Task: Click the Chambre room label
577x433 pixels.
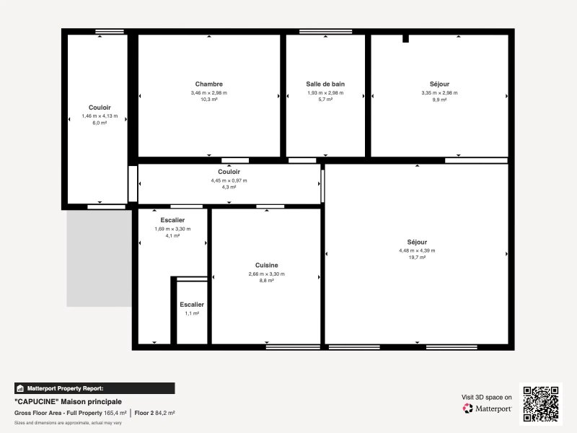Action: click(x=208, y=84)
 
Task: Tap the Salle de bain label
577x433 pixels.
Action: click(x=325, y=84)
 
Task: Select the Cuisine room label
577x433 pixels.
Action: click(x=266, y=265)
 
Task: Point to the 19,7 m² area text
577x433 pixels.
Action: click(x=417, y=258)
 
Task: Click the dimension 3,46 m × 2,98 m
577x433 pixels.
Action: click(x=208, y=93)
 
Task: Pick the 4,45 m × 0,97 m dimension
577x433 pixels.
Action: click(x=229, y=180)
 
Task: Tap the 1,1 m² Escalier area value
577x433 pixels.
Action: click(x=192, y=313)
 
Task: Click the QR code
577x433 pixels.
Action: click(x=541, y=404)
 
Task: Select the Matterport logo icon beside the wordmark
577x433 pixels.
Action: click(x=467, y=408)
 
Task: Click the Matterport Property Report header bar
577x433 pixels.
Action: click(x=94, y=388)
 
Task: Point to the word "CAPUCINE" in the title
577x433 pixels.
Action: click(x=37, y=402)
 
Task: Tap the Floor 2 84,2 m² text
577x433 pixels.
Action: click(x=154, y=413)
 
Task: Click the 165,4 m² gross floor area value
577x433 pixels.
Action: click(x=115, y=413)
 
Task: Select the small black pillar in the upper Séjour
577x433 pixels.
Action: click(x=405, y=39)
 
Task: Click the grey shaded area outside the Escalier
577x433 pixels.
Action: click(x=99, y=258)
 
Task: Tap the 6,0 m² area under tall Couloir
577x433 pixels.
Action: click(x=100, y=123)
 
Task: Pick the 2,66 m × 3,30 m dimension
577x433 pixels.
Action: click(x=266, y=274)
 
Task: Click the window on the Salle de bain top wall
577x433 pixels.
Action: click(x=326, y=32)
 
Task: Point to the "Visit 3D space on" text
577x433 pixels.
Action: click(x=486, y=398)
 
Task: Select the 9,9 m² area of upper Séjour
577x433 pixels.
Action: click(x=439, y=100)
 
